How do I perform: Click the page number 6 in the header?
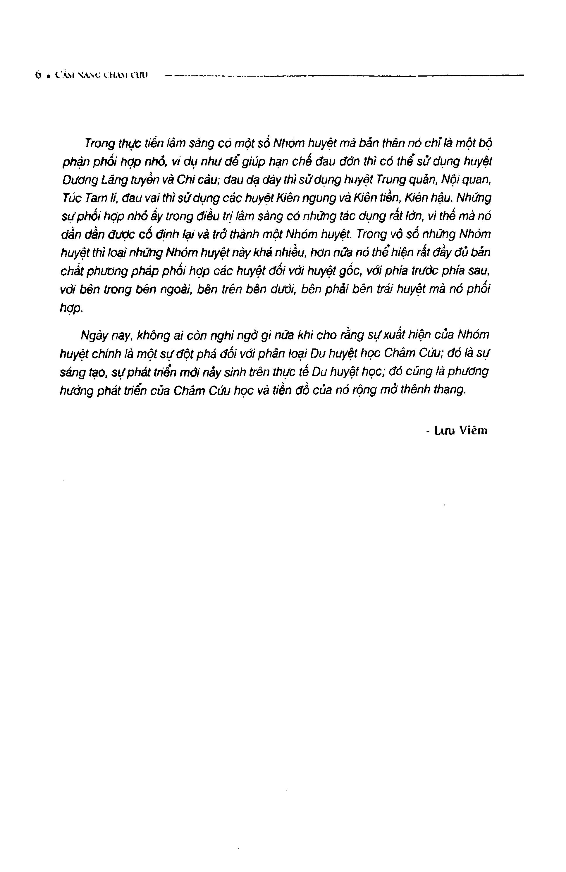coord(37,75)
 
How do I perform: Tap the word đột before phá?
coord(188,353)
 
